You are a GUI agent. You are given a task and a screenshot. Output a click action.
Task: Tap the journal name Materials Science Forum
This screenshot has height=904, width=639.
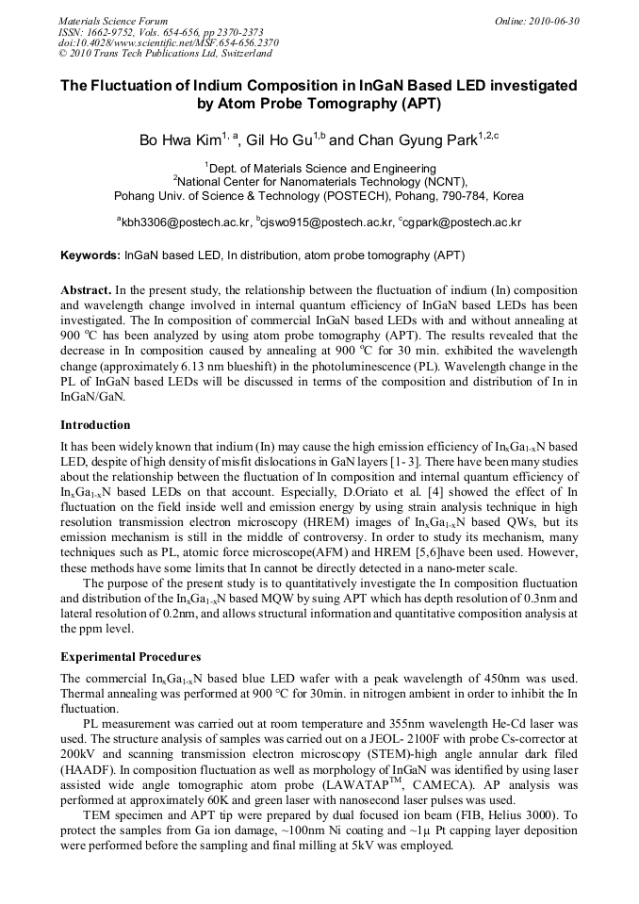point(113,21)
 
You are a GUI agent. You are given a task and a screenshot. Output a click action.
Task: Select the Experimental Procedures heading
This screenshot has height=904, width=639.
point(130,656)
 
